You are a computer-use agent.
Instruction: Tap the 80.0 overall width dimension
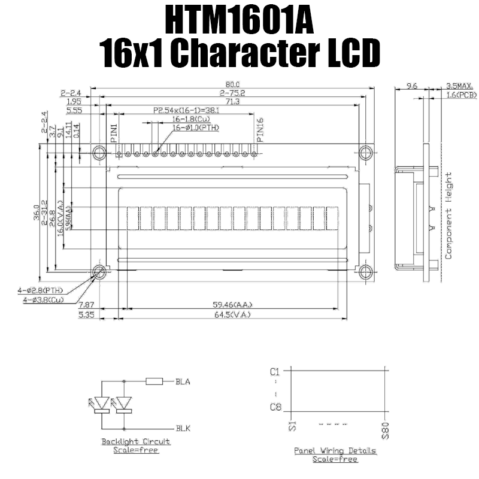point(232,85)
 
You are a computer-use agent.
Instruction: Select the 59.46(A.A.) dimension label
point(232,304)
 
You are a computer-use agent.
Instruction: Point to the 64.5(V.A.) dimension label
point(232,314)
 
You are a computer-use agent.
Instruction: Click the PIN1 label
point(114,131)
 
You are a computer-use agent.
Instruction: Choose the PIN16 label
point(259,129)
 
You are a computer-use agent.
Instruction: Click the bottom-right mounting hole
point(365,272)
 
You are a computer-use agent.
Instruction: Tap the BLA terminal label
point(183,381)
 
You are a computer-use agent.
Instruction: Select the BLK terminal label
point(183,429)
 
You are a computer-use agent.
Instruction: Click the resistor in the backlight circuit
point(154,381)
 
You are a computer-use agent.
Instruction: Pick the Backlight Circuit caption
point(135,441)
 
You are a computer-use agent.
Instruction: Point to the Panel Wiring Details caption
point(335,450)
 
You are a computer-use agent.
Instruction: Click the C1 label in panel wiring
point(275,371)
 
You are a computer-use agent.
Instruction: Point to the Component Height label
point(448,216)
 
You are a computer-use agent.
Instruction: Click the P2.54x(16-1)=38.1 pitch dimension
point(186,110)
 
